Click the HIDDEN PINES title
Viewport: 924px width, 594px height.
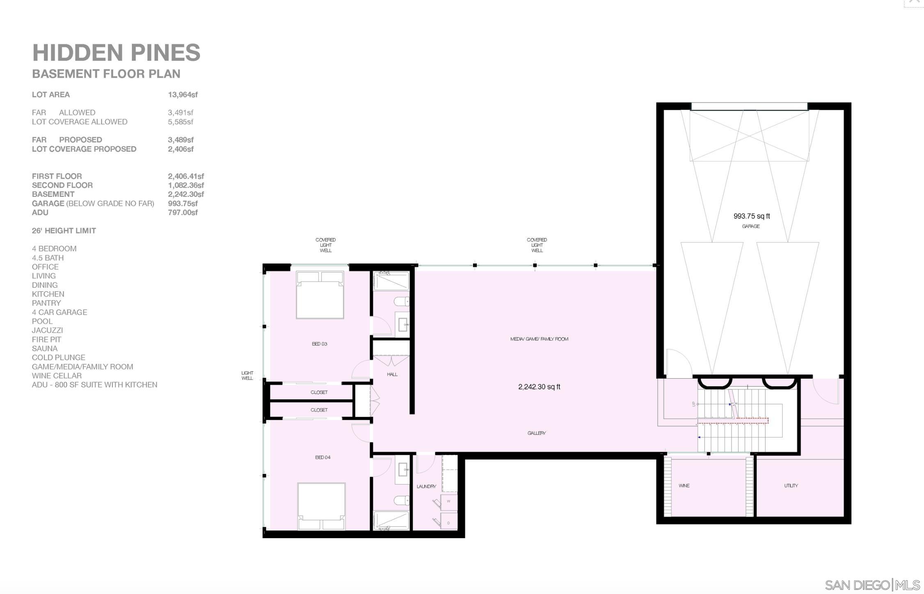tap(116, 53)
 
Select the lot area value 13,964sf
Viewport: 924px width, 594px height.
tap(183, 95)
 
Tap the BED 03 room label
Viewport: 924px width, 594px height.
tap(319, 344)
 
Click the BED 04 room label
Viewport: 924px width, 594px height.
tap(322, 457)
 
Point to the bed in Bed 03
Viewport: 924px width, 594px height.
tap(320, 295)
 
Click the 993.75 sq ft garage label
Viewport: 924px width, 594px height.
tap(751, 216)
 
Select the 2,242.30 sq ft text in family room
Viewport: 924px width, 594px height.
tap(539, 387)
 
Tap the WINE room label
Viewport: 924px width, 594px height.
tap(684, 485)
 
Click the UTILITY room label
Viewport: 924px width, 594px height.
tap(791, 485)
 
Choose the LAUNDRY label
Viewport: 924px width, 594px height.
tap(426, 486)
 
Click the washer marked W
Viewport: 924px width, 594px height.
tap(448, 502)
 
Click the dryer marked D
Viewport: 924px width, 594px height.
tap(448, 522)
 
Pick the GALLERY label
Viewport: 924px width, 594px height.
tap(536, 433)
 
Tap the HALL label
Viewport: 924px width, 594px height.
tap(392, 374)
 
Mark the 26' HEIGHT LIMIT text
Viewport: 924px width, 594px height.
tap(64, 231)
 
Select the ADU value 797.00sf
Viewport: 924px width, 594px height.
tap(183, 212)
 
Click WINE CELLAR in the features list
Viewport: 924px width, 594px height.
tap(57, 376)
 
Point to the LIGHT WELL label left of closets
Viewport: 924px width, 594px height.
tap(247, 375)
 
